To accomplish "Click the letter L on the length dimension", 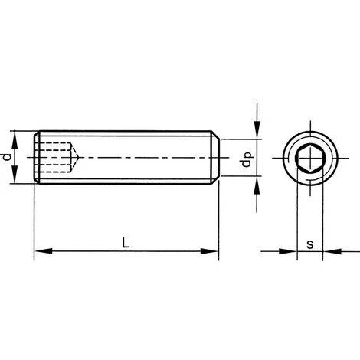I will (x=126, y=243).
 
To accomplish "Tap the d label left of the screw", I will (x=7, y=158).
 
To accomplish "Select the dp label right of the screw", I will (x=246, y=162).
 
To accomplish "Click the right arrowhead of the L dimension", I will (x=214, y=250).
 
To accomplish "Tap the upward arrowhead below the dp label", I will (x=257, y=182).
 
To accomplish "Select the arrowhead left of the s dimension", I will (x=290, y=250).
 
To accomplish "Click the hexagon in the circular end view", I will (x=309, y=157).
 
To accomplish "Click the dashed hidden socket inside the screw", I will (x=54, y=157).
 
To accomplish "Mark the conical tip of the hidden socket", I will (x=74, y=157).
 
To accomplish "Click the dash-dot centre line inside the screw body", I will (x=138, y=157).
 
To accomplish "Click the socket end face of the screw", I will (x=36, y=157).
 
